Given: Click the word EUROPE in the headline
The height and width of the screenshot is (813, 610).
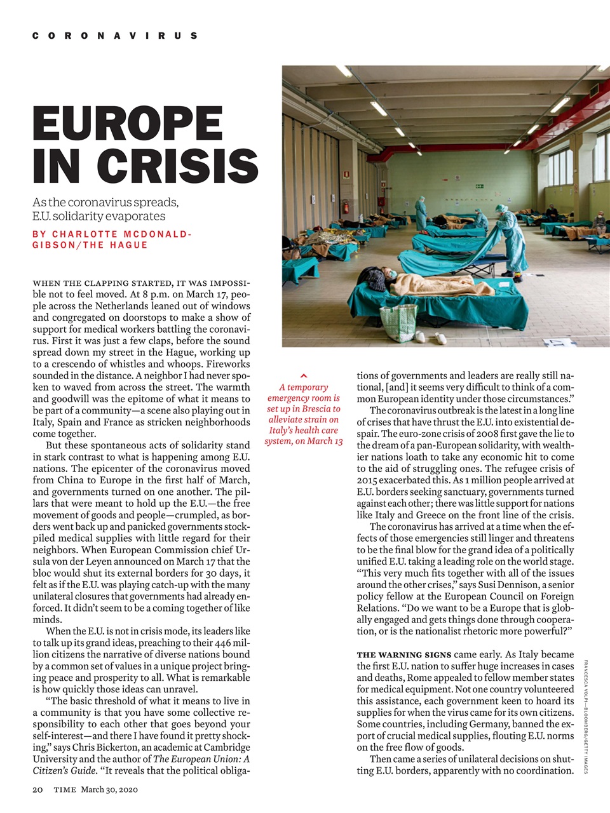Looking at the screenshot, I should [127, 124].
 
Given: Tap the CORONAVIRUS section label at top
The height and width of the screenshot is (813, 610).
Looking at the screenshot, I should [114, 36].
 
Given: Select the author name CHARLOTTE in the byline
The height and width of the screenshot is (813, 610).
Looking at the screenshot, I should [85, 234].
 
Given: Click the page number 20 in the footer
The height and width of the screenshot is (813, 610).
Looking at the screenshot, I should [37, 789].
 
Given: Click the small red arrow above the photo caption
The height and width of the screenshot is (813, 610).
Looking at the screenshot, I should [304, 376].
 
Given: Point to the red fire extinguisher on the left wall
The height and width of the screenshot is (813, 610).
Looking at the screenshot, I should [346, 206].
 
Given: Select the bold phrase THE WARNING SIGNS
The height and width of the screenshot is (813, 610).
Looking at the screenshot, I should [403, 655].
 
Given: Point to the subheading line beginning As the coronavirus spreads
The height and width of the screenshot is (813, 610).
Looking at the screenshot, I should [105, 202].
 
